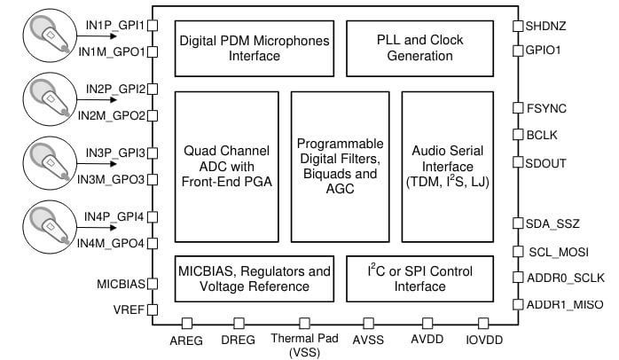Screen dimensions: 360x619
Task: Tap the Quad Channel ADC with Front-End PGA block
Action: tap(227, 166)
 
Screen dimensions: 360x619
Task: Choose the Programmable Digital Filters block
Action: tap(341, 166)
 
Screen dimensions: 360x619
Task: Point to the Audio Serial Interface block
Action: tap(447, 166)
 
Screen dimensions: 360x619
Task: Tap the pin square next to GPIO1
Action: tap(518, 51)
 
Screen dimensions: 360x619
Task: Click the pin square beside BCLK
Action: tap(518, 136)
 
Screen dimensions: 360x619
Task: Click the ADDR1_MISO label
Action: tap(565, 304)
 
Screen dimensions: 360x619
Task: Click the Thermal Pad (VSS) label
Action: tap(304, 345)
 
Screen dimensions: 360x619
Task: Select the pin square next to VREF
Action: tap(152, 310)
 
